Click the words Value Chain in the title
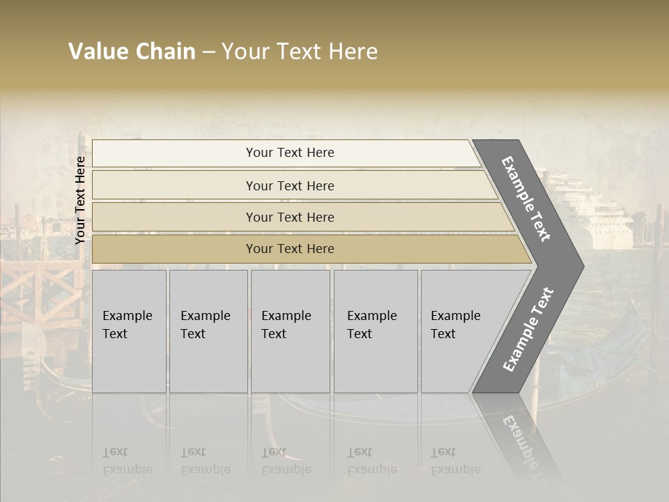[132, 52]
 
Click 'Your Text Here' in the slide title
[300, 52]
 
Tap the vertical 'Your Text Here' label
[80, 200]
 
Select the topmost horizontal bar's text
[290, 153]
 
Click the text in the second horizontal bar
[290, 186]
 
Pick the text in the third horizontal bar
[290, 218]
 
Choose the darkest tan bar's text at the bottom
[290, 249]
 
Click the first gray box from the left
[128, 331]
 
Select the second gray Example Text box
[208, 331]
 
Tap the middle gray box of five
[289, 331]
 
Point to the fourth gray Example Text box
[375, 331]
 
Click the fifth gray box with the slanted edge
[460, 331]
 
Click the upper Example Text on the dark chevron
[526, 199]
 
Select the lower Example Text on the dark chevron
[528, 330]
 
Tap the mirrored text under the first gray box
[127, 461]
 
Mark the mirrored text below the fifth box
[455, 461]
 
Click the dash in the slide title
[208, 52]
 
